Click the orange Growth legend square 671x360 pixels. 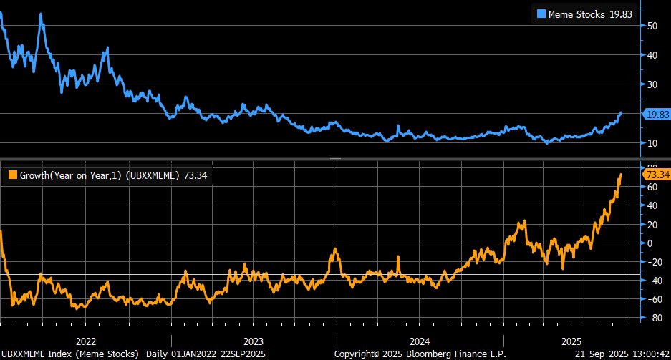pyautogui.click(x=11, y=175)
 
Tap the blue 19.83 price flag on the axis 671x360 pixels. pyautogui.click(x=656, y=114)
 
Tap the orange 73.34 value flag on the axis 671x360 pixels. pyautogui.click(x=656, y=175)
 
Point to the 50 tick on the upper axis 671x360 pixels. pyautogui.click(x=652, y=26)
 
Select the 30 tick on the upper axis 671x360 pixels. pyautogui.click(x=652, y=84)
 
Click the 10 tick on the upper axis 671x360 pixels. pyautogui.click(x=652, y=143)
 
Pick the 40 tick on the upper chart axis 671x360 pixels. pyautogui.click(x=652, y=55)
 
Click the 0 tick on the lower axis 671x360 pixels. pyautogui.click(x=650, y=243)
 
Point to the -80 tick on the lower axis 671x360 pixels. pyautogui.click(x=652, y=318)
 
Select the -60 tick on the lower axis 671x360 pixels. pyautogui.click(x=652, y=299)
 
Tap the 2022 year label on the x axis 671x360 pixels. pyautogui.click(x=86, y=341)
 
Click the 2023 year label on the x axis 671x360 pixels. pyautogui.click(x=254, y=341)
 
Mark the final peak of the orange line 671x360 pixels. pyautogui.click(x=620, y=174)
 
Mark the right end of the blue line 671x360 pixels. pyautogui.click(x=621, y=112)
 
